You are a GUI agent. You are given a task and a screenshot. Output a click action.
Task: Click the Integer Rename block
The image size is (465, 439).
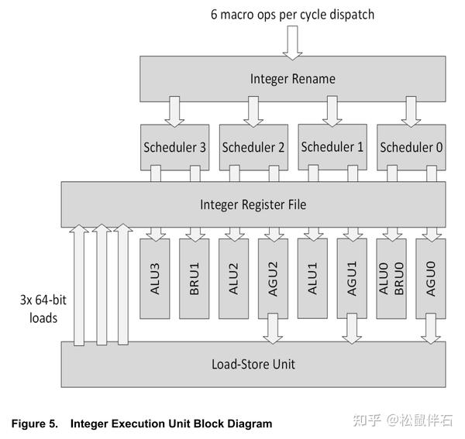292,78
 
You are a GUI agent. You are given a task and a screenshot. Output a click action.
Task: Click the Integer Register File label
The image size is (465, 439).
253,204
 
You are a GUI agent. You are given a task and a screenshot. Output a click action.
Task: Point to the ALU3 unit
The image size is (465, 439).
154,278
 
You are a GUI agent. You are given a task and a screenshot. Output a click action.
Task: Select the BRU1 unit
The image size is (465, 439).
194,278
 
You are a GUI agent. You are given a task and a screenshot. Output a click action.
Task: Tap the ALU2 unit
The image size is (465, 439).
233,278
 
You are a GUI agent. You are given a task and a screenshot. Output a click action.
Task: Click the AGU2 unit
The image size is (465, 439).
273,278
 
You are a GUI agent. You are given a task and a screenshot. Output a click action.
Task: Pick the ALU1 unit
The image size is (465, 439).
312,278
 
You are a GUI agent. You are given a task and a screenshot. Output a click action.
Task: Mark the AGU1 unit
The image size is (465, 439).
352,278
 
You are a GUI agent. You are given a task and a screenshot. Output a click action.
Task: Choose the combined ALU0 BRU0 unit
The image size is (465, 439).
391,278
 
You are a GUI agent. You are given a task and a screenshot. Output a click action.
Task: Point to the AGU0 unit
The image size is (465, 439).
431,278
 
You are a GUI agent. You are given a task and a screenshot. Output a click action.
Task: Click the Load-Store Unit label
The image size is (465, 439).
253,364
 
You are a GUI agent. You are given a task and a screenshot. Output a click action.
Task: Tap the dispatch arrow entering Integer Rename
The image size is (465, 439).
292,43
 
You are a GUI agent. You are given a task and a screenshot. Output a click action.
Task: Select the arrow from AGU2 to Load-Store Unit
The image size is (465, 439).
273,329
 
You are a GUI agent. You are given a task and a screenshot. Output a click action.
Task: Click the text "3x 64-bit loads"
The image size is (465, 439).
38,307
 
